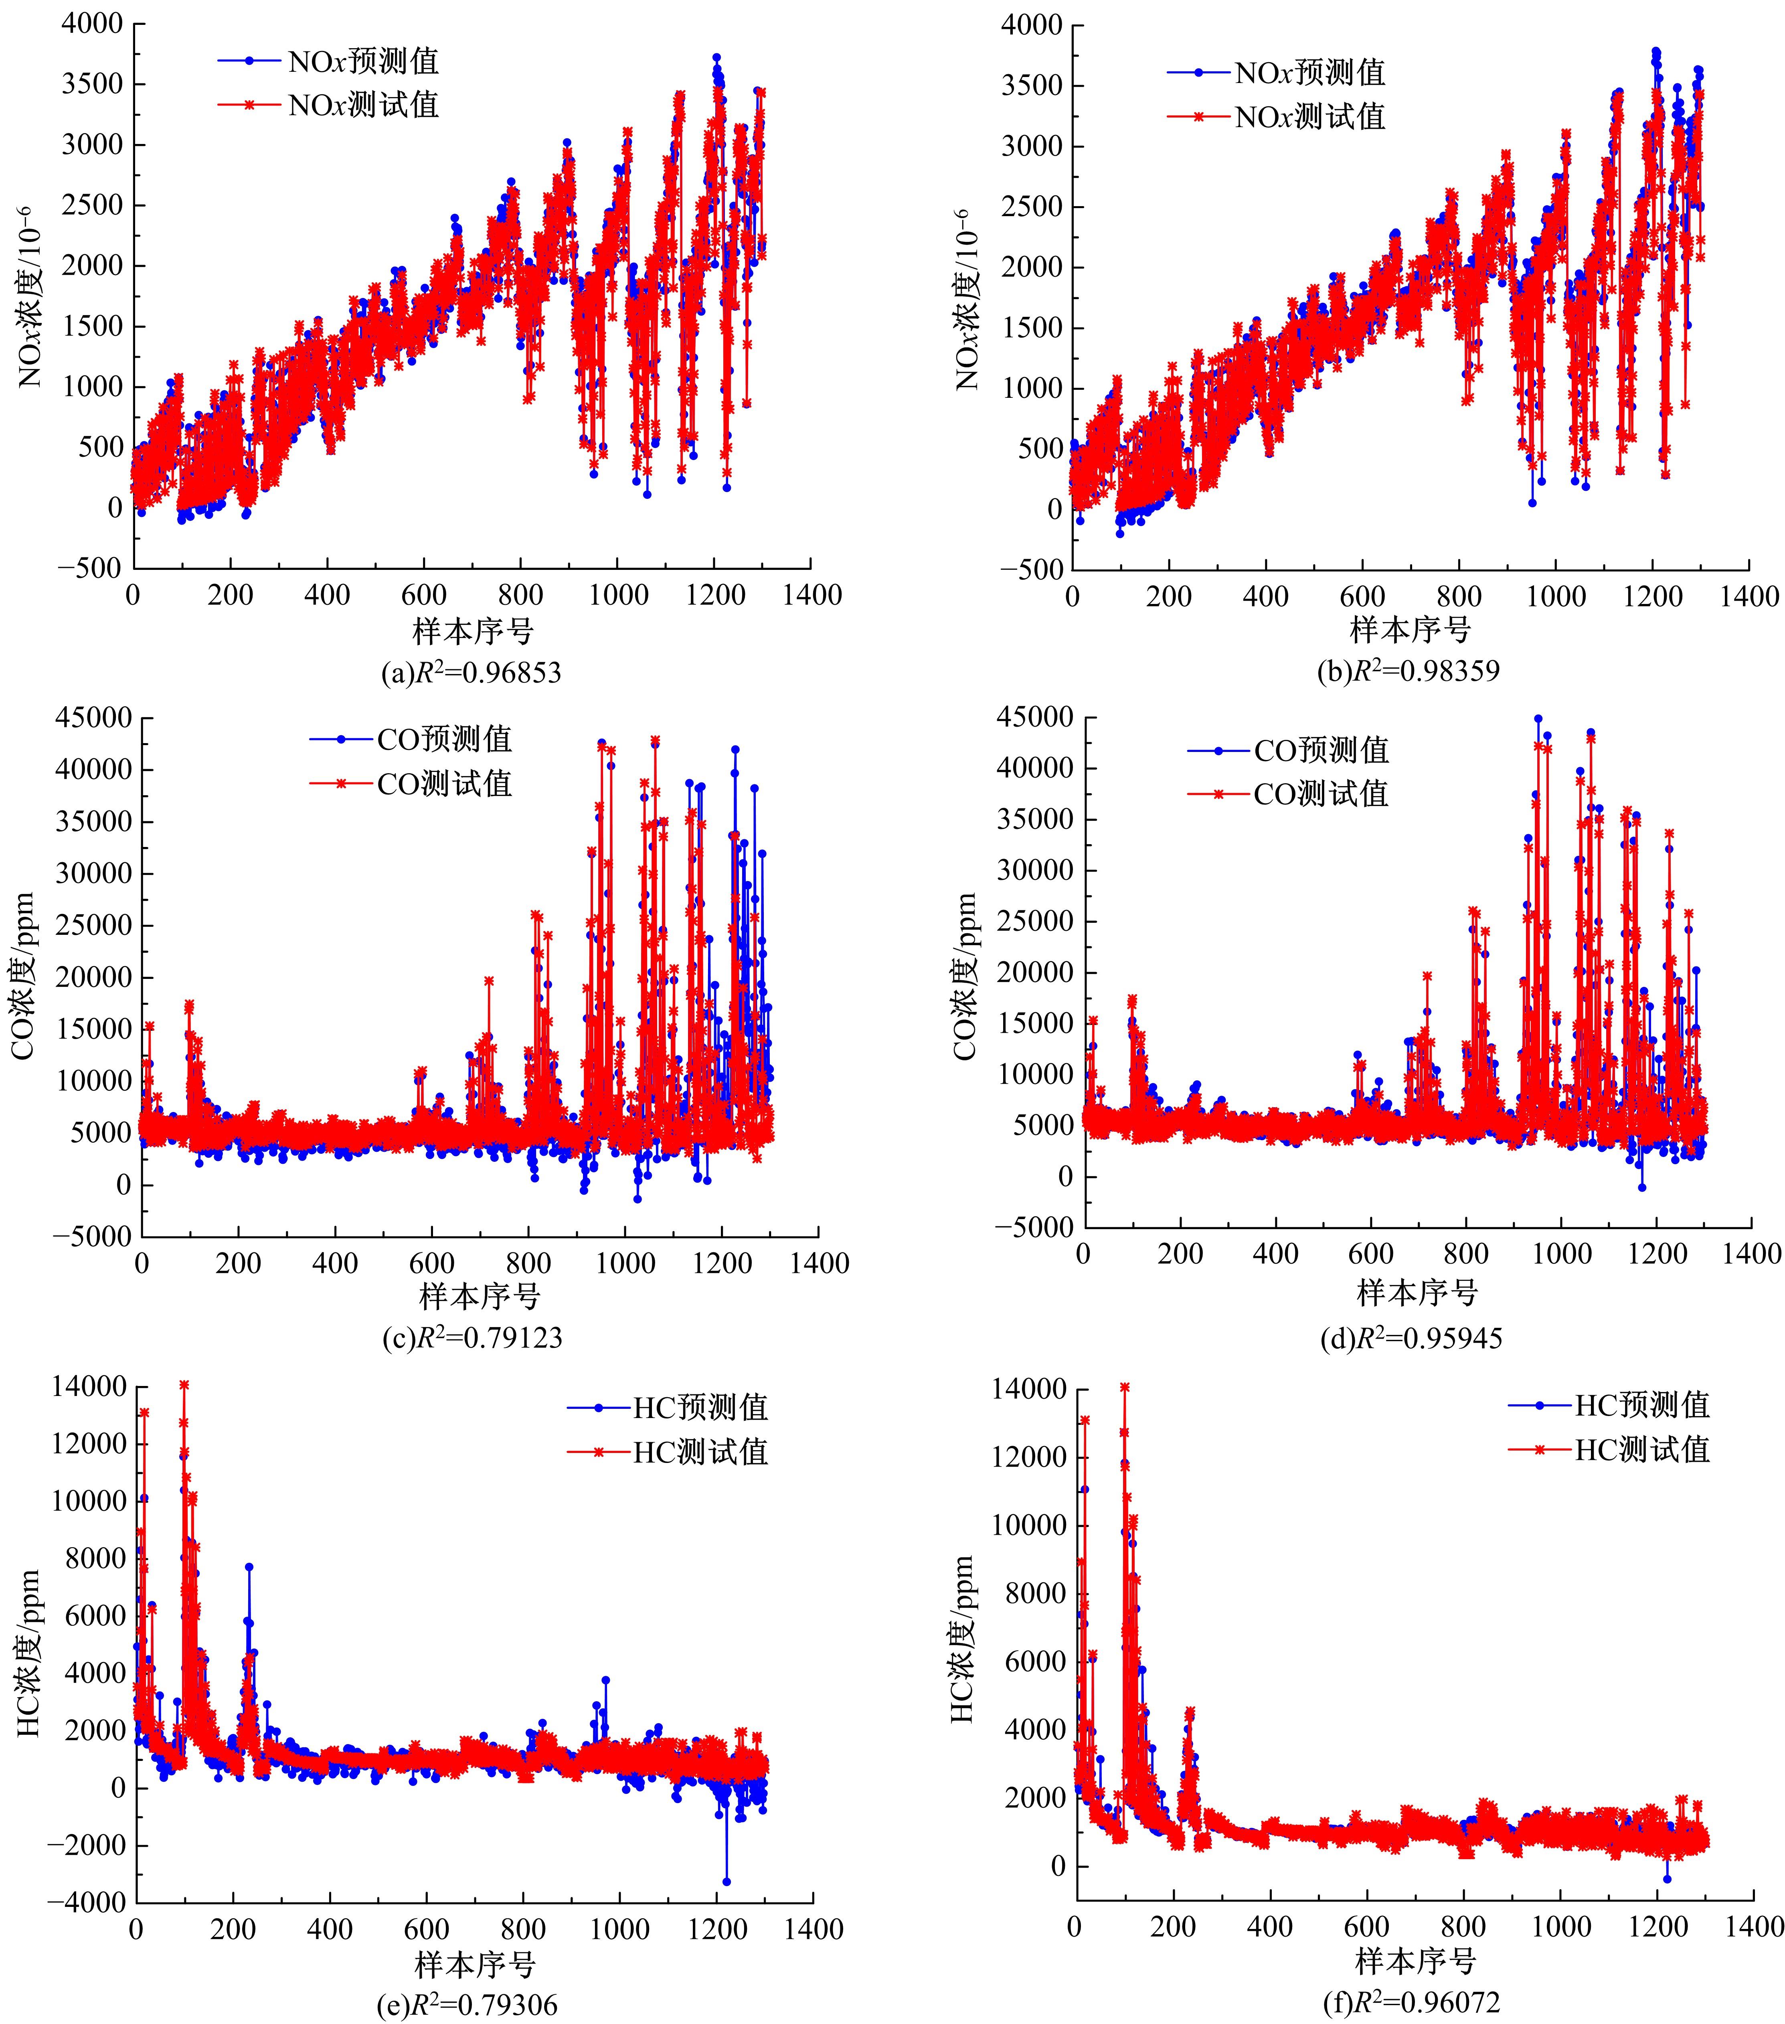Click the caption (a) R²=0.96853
point(471,673)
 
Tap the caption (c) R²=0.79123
point(472,1338)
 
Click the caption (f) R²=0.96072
point(1412,2003)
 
